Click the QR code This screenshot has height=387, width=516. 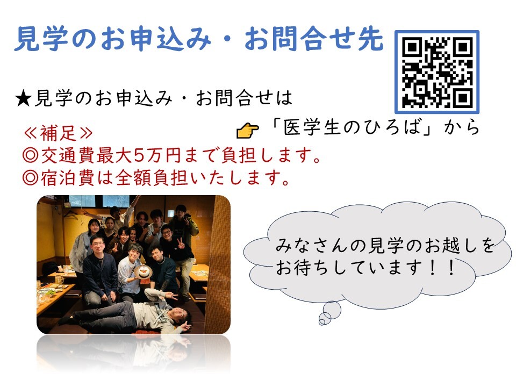(437, 71)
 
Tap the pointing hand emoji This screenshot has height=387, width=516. (247, 130)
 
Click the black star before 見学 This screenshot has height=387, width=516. (23, 98)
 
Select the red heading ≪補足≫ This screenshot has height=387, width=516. (58, 133)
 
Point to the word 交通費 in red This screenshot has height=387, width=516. (68, 155)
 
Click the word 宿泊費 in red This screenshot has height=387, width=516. (68, 178)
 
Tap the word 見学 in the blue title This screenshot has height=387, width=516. (41, 39)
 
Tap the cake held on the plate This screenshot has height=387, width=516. (143, 272)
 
